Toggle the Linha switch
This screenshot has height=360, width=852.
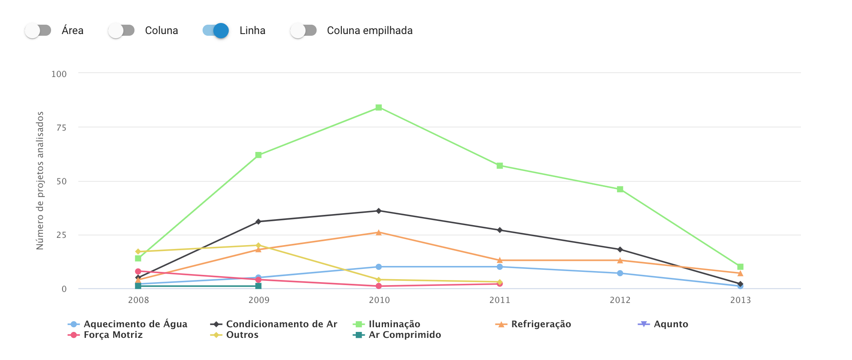(x=216, y=31)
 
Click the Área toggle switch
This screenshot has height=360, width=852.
(x=38, y=31)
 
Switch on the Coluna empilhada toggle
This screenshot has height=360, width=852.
(x=303, y=31)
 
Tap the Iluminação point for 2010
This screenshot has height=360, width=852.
(x=379, y=108)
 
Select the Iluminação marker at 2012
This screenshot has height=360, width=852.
(x=620, y=189)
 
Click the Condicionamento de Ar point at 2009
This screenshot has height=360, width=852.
(x=258, y=222)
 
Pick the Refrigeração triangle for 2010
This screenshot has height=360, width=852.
(x=379, y=232)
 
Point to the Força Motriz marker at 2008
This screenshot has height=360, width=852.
(x=138, y=271)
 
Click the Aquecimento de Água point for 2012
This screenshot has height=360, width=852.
(x=620, y=273)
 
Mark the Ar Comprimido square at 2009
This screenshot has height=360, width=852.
(x=258, y=286)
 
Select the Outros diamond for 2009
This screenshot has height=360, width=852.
(x=258, y=246)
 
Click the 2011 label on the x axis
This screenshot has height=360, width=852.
(x=500, y=300)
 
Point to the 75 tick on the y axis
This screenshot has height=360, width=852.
(x=61, y=128)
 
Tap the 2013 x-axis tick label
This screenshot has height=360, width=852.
(x=740, y=300)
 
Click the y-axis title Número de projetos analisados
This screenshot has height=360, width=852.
(x=40, y=180)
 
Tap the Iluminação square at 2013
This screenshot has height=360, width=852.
(x=740, y=267)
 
